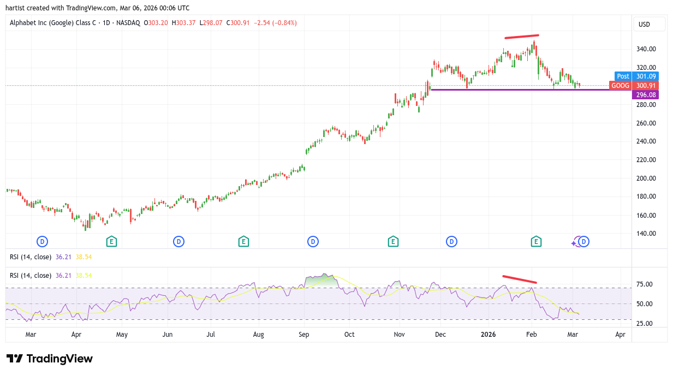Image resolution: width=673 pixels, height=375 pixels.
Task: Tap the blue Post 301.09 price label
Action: coord(636,76)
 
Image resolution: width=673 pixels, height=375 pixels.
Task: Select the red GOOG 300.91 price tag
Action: coord(633,86)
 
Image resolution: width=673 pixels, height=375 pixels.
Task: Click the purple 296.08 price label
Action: coord(645,95)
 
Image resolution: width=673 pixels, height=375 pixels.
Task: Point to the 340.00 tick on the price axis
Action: coord(646,49)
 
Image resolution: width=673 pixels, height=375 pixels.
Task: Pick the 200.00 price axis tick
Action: coord(646,178)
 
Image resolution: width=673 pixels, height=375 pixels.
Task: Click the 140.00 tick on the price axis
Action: coord(646,234)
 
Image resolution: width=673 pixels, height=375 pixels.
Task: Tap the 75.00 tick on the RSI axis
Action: coord(645,284)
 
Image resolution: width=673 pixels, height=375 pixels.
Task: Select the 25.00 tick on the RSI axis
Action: coord(645,323)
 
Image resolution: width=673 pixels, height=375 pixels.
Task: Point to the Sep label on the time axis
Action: coord(304,335)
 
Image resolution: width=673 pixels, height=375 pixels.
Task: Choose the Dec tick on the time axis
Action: coord(440,335)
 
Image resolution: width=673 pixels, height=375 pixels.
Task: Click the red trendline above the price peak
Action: coord(522,37)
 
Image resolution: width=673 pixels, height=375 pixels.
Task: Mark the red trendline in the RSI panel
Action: coord(520,279)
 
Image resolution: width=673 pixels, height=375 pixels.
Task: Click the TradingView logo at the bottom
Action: coord(50,359)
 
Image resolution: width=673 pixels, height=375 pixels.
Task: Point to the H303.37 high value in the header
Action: coord(184,23)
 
